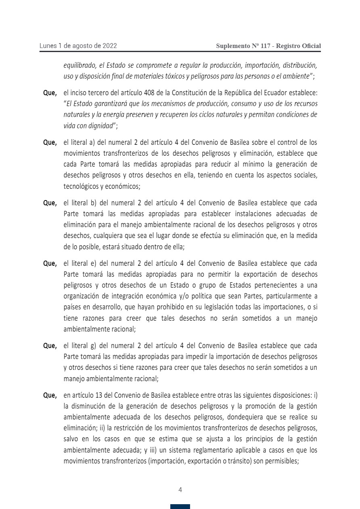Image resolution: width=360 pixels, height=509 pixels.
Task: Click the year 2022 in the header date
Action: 109,46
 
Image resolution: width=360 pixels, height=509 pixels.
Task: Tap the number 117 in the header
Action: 266,46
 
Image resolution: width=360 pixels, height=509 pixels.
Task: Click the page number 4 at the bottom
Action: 180,490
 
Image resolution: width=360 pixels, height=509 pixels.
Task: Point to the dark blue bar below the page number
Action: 180,507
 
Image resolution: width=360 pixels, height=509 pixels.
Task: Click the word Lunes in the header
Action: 48,46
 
